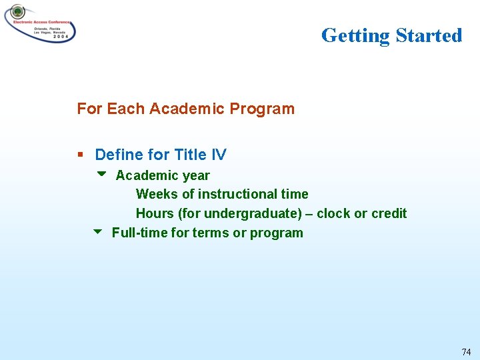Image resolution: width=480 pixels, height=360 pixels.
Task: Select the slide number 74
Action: (465, 351)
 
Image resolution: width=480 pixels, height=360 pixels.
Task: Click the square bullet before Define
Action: (80, 155)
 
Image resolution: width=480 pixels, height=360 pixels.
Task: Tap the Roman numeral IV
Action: (219, 155)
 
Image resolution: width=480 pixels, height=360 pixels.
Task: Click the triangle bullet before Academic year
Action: (101, 175)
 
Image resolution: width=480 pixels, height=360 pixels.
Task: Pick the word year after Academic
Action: (196, 176)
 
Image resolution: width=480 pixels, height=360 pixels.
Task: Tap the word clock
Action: (333, 213)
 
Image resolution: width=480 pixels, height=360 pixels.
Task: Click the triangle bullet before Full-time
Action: (97, 232)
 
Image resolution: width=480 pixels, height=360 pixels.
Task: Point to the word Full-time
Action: (139, 233)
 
